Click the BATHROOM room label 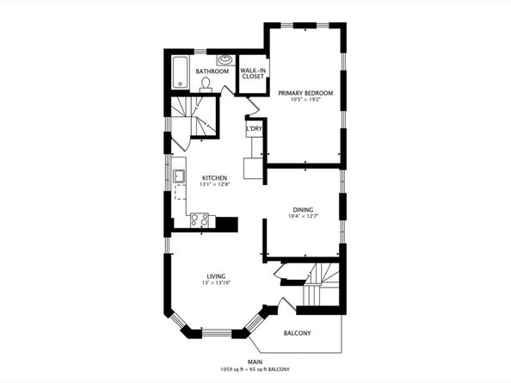coord(212,71)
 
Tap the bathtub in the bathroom coord(180,72)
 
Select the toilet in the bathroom coord(206,84)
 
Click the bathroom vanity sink coord(225,60)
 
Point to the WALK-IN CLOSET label coord(253,73)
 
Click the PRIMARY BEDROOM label coord(305,93)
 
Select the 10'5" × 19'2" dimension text coord(306,100)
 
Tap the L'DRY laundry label coord(254,129)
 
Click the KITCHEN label coord(214,178)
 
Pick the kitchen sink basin coord(179,176)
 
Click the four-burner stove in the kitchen coord(200,219)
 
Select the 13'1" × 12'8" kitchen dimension coord(215,184)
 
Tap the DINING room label coord(303,210)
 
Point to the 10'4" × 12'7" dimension coord(303,216)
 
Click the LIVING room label coord(216,276)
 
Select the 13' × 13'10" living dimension coord(216,283)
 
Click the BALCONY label coord(297,333)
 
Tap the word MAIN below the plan coord(255,361)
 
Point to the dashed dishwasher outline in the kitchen coord(179,191)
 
